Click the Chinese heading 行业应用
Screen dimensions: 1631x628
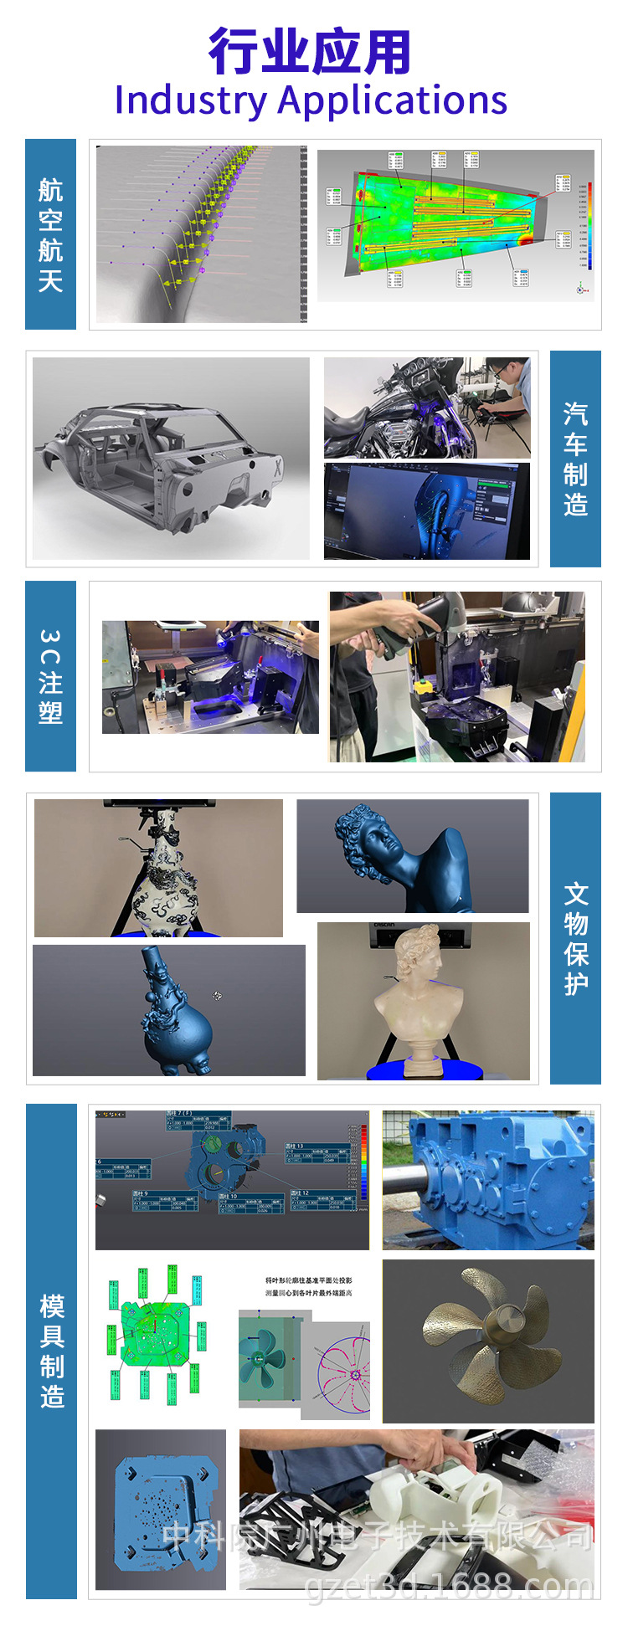pyautogui.click(x=310, y=52)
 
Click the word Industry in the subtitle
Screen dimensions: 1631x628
pyautogui.click(x=190, y=100)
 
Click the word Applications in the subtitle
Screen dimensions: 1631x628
pyautogui.click(x=393, y=100)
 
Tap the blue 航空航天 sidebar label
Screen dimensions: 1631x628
pyautogui.click(x=50, y=234)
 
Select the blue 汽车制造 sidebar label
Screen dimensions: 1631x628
pyautogui.click(x=575, y=459)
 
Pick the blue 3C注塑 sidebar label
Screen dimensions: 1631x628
pyautogui.click(x=50, y=676)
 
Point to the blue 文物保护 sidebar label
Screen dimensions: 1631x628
pyautogui.click(x=575, y=938)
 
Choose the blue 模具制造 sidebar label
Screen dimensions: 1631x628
pyautogui.click(x=51, y=1351)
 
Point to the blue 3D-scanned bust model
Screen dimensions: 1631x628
pyautogui.click(x=402, y=858)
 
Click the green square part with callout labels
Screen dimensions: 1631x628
pyautogui.click(x=155, y=1335)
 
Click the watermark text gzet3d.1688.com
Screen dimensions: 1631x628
pyautogui.click(x=448, y=1586)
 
